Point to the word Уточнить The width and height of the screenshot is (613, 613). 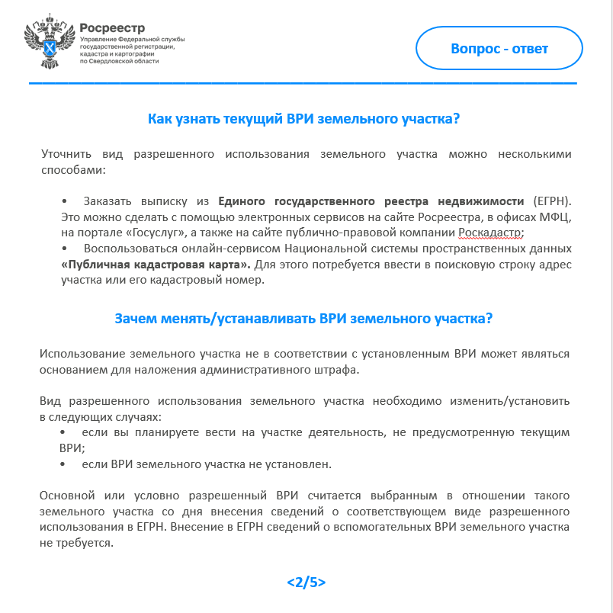(x=65, y=154)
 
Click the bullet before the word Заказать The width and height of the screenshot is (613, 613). (x=63, y=201)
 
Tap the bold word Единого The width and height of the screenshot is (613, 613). (x=240, y=201)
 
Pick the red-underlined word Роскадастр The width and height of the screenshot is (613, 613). (x=491, y=233)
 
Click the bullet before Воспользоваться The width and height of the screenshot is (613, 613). (x=63, y=249)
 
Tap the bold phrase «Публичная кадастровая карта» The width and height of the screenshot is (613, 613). (x=155, y=265)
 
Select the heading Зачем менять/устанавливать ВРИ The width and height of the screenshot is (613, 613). (x=303, y=318)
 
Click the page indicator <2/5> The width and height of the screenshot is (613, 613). (x=306, y=582)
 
